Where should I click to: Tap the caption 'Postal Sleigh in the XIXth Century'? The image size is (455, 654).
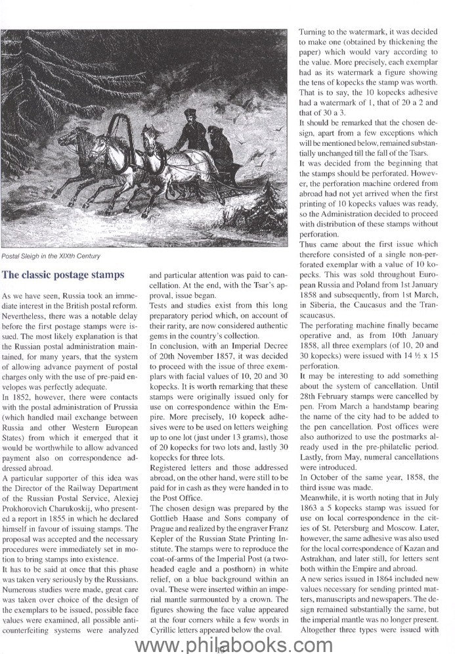click(x=54, y=256)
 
